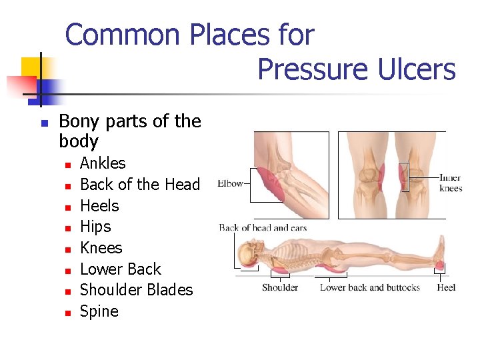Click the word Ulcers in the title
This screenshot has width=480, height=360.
[411, 69]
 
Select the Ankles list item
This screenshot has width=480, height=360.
[103, 163]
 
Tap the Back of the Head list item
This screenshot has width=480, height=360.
[139, 185]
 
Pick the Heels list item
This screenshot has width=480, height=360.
[99, 206]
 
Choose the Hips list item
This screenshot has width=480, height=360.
[95, 227]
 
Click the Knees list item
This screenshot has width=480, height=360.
[101, 248]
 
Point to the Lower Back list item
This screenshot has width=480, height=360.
[121, 269]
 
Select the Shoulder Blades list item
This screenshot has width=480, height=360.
[136, 290]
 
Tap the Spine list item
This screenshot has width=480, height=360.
[99, 311]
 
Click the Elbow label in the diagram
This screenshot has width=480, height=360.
[231, 183]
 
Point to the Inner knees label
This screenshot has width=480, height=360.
[451, 183]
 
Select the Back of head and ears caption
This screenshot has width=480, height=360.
[263, 228]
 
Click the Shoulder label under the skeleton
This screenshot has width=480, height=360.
[280, 288]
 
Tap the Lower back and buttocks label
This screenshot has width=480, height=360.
[370, 288]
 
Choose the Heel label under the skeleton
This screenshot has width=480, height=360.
[447, 288]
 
